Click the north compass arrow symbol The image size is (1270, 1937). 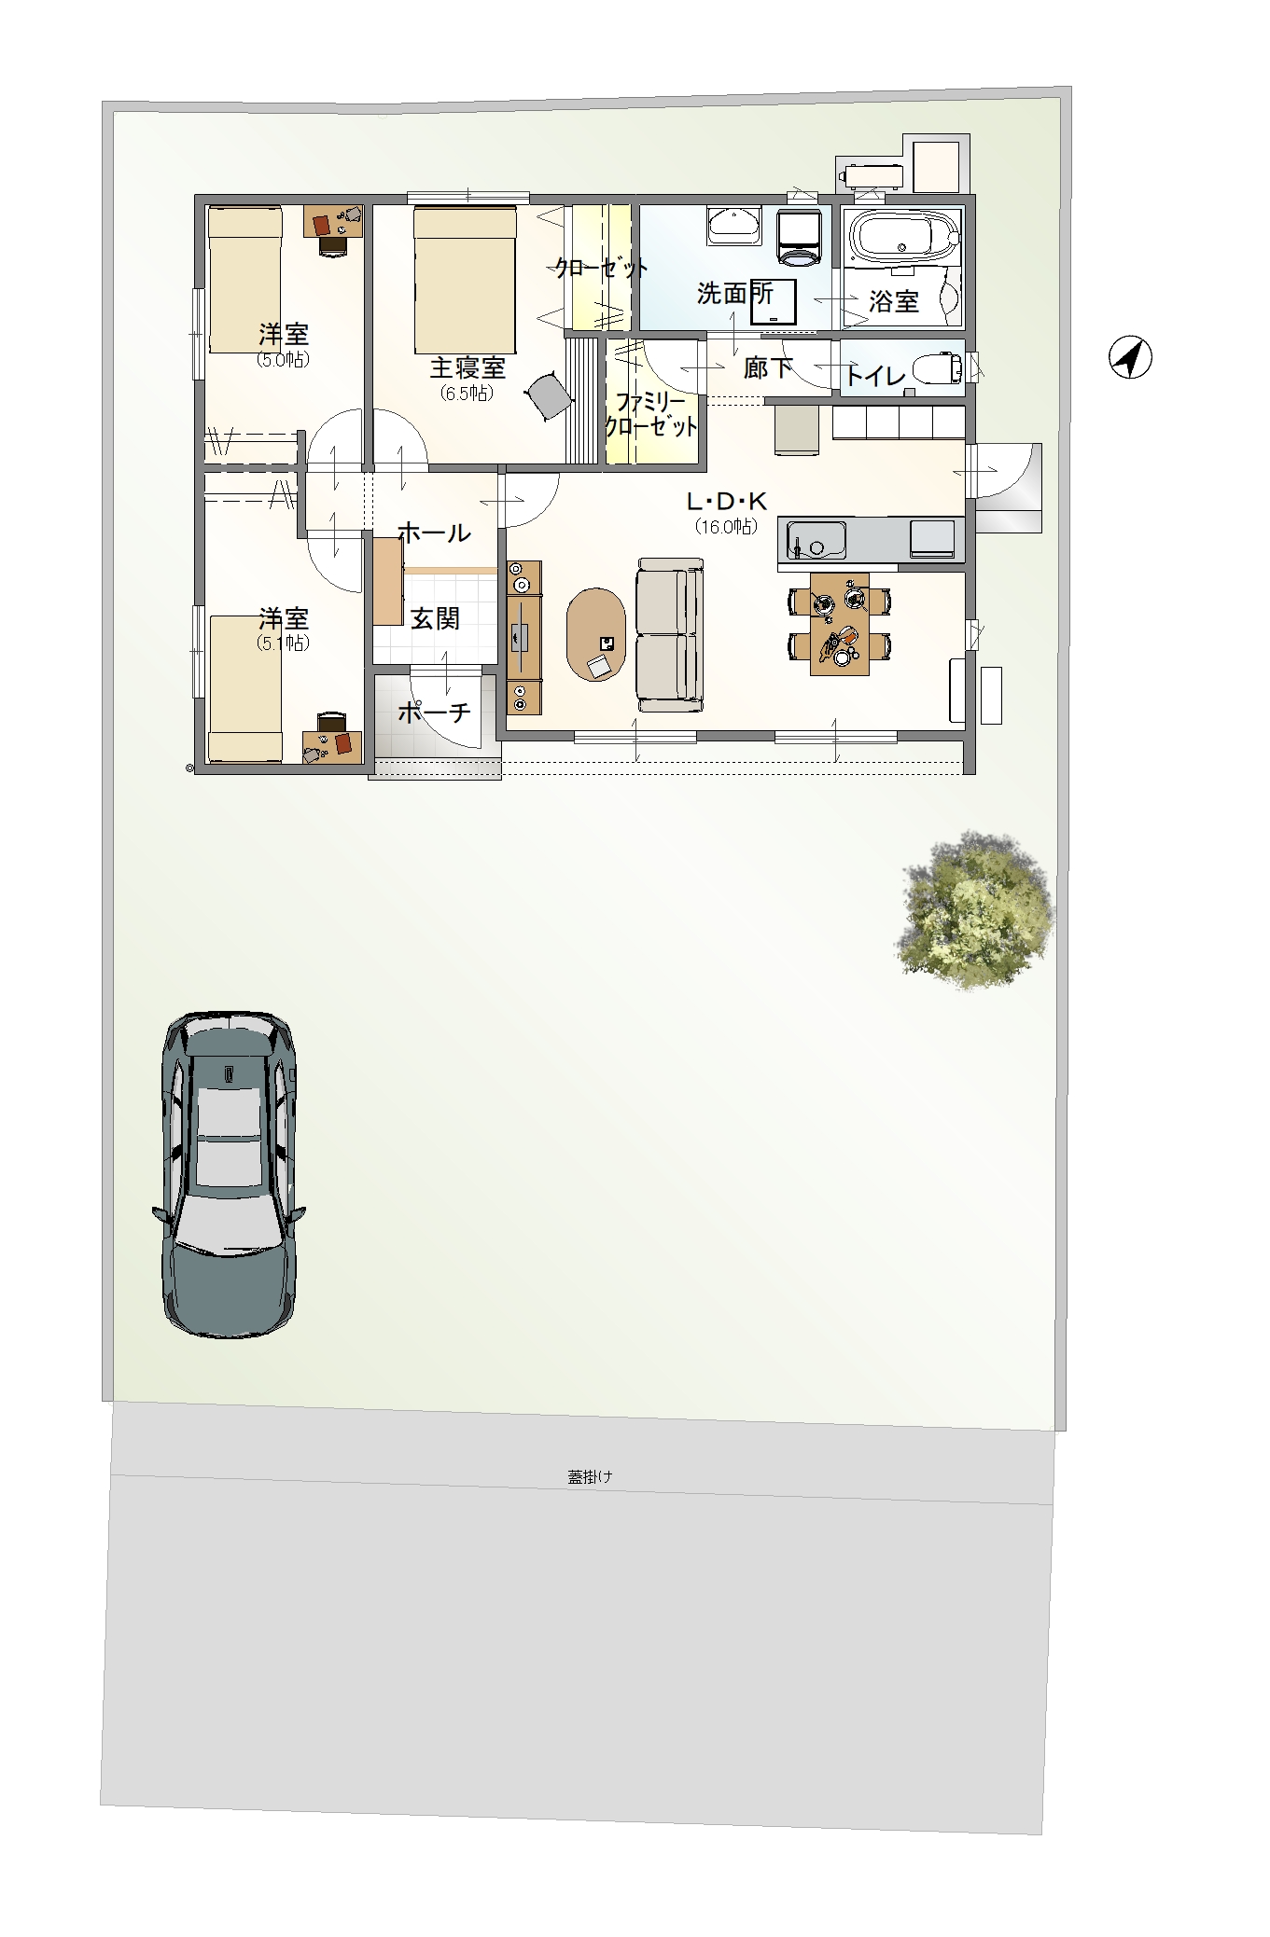click(x=1130, y=358)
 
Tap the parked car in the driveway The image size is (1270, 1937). click(x=229, y=1173)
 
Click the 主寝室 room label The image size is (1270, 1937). click(x=468, y=367)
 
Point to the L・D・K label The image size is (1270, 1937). click(x=726, y=502)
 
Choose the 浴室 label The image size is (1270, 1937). click(x=894, y=301)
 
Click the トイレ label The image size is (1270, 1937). click(x=875, y=376)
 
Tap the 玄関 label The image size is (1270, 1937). click(x=435, y=617)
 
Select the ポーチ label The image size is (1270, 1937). click(x=434, y=713)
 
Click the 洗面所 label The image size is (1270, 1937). click(x=735, y=293)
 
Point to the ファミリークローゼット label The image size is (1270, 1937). click(x=651, y=415)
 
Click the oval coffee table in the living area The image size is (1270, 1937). click(x=596, y=634)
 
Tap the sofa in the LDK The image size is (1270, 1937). click(x=670, y=635)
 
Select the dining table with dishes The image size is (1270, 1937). click(x=840, y=624)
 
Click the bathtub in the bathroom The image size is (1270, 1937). click(x=901, y=238)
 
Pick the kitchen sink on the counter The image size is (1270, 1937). click(x=816, y=540)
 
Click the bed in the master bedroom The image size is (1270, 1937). click(x=465, y=278)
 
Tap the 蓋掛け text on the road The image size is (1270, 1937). click(x=590, y=1476)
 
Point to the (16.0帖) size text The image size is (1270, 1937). click(x=726, y=526)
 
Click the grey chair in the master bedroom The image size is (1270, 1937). click(x=551, y=395)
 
